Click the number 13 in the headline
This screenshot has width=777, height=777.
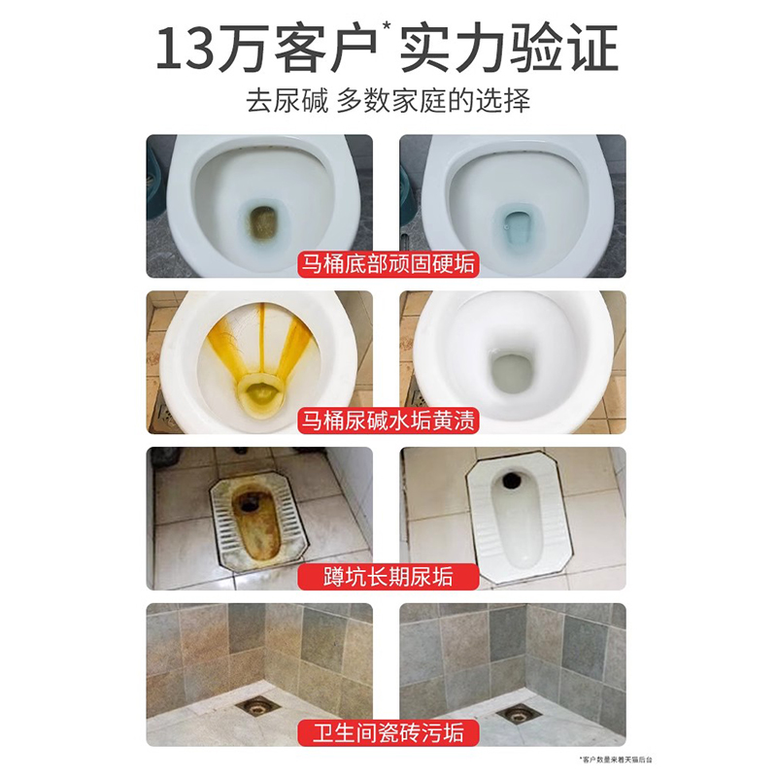click(x=191, y=50)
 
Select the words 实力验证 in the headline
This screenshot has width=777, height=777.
click(x=509, y=50)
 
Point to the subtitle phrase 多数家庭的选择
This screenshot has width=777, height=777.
click(x=433, y=102)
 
